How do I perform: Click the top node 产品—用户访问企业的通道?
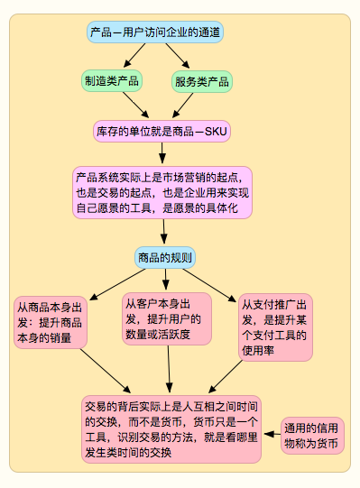pos(155,32)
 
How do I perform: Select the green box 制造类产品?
pos(112,81)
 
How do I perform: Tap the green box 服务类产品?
pos(200,81)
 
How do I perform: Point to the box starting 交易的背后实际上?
pos(172,427)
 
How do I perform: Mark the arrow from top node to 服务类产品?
pos(178,57)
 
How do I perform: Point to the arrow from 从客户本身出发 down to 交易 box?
pos(167,368)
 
